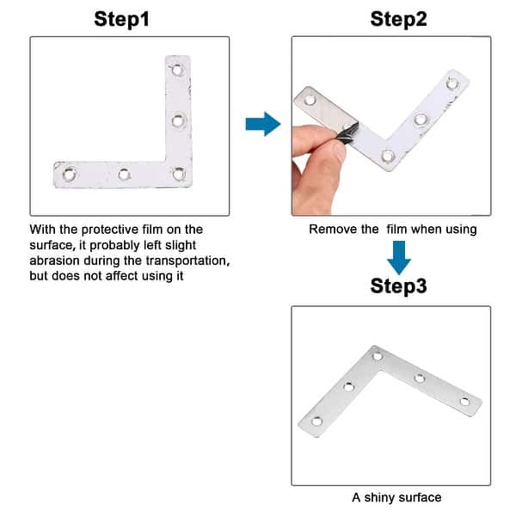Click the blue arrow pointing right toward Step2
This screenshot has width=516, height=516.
(x=262, y=125)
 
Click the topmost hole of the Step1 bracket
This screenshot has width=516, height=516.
(x=179, y=70)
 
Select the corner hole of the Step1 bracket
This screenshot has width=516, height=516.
(x=178, y=174)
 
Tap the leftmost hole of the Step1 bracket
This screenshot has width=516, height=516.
(x=70, y=174)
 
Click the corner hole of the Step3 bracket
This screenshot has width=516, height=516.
(x=377, y=354)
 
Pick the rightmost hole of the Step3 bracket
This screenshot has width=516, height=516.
(x=465, y=401)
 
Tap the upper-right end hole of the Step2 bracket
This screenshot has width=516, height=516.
(x=451, y=83)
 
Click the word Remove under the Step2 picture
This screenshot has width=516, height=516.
(x=332, y=230)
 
